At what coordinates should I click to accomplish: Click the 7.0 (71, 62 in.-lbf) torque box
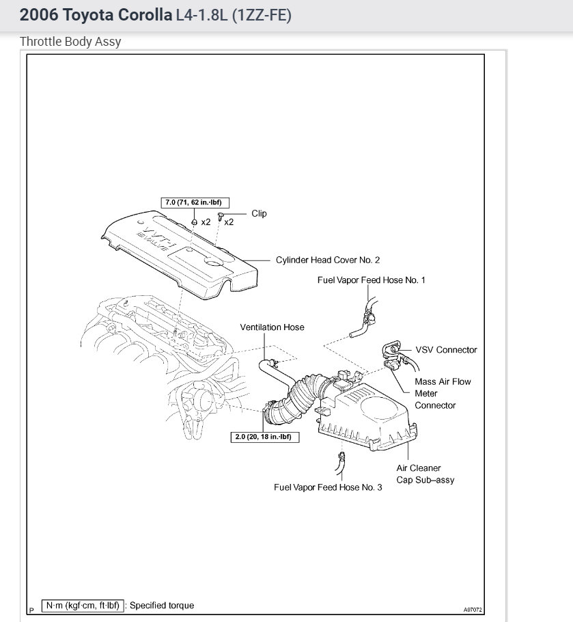[195, 202]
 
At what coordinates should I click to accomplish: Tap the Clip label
[259, 213]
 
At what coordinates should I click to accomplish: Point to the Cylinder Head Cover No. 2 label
[327, 260]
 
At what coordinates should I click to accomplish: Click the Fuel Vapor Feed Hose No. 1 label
[371, 280]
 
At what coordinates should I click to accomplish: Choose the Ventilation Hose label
[272, 327]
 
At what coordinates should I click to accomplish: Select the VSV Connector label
[446, 350]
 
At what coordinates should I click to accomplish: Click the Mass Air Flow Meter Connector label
[443, 393]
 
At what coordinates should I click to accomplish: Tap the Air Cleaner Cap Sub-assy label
[425, 474]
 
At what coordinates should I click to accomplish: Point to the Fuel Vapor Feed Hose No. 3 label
[328, 487]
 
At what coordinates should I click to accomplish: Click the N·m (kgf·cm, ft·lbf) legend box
[82, 605]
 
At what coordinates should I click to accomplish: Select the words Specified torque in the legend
[162, 605]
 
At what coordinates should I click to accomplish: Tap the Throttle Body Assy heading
[70, 42]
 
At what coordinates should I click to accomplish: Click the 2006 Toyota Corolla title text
[96, 15]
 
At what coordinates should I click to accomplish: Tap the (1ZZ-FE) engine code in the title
[262, 15]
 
